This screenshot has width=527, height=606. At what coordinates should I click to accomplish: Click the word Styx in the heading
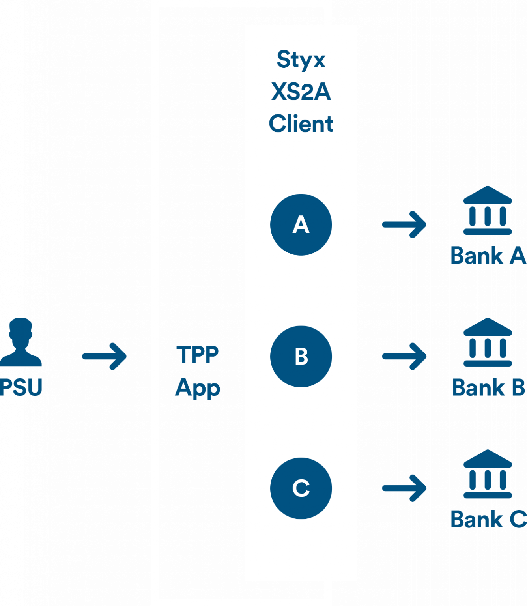tap(301, 60)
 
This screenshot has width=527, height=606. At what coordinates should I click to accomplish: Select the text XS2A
tap(301, 92)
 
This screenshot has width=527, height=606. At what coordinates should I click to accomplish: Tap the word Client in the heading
tap(301, 123)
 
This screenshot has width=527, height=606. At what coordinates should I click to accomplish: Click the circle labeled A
tap(301, 224)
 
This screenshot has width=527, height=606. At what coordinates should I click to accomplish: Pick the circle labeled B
tap(301, 356)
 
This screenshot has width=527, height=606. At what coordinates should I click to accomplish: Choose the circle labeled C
tap(301, 488)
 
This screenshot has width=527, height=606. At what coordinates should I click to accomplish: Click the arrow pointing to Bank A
tap(404, 224)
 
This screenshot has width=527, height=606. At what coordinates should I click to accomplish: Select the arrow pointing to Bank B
tap(404, 356)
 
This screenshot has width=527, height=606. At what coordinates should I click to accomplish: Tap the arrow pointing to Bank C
tap(404, 488)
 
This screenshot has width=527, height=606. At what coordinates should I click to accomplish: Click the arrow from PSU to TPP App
tap(105, 356)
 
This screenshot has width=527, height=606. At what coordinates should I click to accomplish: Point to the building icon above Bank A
tap(488, 210)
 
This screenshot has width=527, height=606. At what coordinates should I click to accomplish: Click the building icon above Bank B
tap(488, 342)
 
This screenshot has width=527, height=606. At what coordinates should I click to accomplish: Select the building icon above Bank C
tap(488, 474)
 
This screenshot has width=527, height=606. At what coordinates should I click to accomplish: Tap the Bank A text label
tap(488, 256)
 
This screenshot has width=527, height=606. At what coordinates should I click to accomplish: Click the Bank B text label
tap(488, 387)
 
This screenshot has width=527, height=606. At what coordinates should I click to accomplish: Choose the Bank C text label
tap(488, 519)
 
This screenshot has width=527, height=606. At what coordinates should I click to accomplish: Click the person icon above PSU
tap(21, 342)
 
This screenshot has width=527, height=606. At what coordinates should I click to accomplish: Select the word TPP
tap(198, 355)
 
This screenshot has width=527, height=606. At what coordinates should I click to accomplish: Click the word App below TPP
tap(198, 388)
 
